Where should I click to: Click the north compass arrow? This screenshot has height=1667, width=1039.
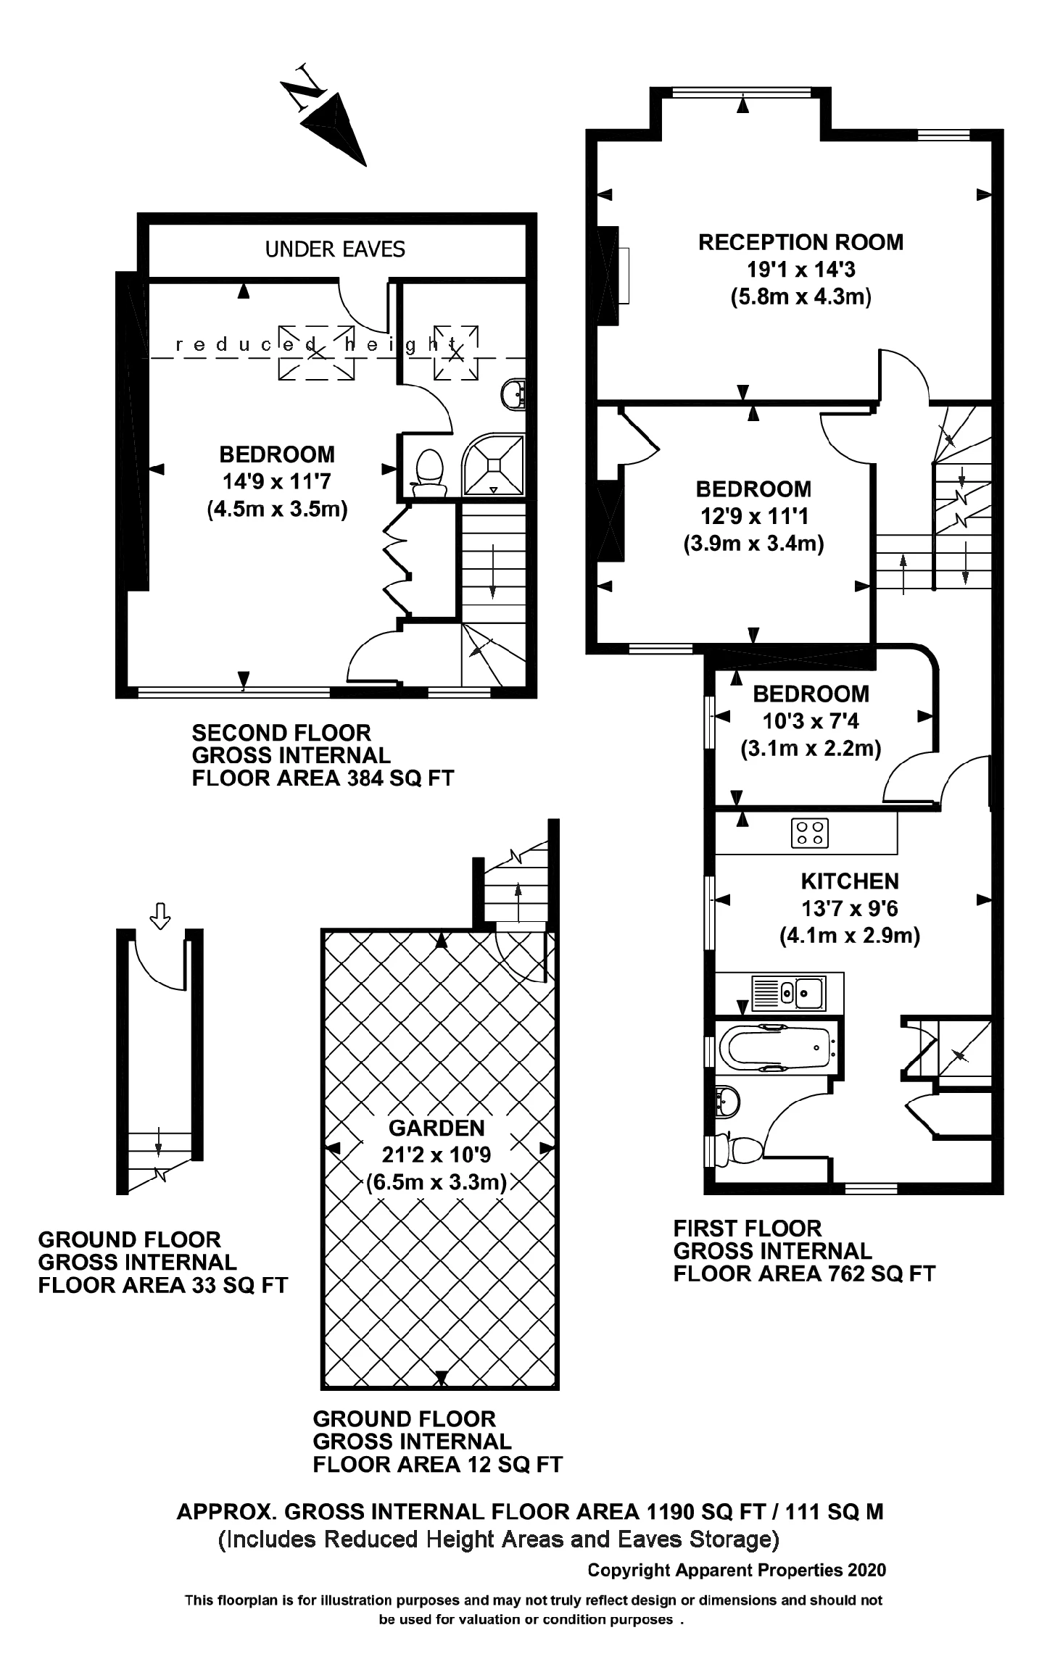point(334,128)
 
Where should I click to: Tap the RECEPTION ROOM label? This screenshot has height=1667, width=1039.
point(800,242)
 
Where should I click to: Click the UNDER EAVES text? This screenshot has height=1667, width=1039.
point(335,249)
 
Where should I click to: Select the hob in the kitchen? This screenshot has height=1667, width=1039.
point(810,832)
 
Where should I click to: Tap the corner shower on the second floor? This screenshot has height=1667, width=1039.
point(494,464)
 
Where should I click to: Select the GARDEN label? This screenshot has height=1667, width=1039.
point(436,1128)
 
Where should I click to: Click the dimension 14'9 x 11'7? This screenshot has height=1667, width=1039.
point(276,482)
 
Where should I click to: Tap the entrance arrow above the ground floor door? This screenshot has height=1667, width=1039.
point(160,915)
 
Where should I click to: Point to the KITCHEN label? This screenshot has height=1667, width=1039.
point(850,881)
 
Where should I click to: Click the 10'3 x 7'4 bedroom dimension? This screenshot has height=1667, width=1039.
point(811,721)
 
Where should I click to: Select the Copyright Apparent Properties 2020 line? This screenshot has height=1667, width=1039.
point(737,1570)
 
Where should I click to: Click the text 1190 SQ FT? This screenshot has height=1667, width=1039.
point(705,1512)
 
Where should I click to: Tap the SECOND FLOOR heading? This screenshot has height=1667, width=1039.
point(281,733)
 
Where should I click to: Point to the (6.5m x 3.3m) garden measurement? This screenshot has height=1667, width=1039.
point(436,1182)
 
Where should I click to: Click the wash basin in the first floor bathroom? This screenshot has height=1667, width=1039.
point(727,1102)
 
